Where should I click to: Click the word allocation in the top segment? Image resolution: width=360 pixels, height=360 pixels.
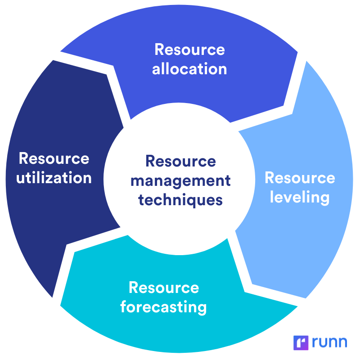pyautogui.click(x=189, y=69)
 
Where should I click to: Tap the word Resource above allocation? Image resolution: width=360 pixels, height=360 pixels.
pyautogui.click(x=189, y=49)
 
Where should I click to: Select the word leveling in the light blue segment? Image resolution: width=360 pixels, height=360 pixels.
pyautogui.click(x=300, y=197)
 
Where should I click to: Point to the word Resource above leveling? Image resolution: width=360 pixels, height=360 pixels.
pyautogui.click(x=300, y=178)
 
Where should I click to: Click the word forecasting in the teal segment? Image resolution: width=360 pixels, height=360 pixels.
pyautogui.click(x=163, y=307)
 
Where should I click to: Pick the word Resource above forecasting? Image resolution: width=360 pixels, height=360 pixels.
pyautogui.click(x=163, y=288)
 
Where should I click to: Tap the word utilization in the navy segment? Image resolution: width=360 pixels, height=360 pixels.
pyautogui.click(x=54, y=177)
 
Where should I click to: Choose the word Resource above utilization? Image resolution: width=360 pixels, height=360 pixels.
pyautogui.click(x=54, y=158)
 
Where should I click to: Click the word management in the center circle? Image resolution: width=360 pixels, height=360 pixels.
pyautogui.click(x=180, y=180)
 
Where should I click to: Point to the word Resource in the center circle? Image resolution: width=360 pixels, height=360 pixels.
pyautogui.click(x=180, y=161)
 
